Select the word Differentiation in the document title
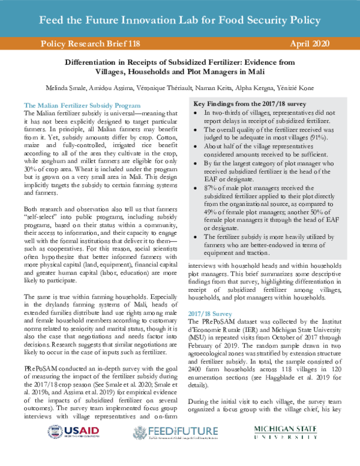coord(97,62)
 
